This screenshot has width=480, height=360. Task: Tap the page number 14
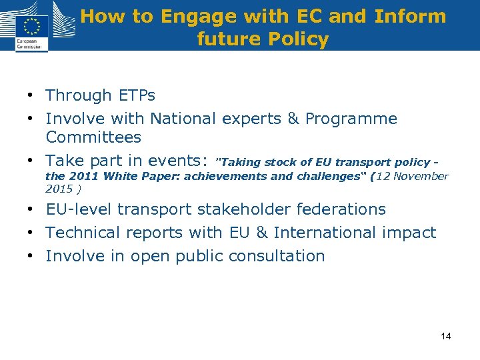tap(445, 336)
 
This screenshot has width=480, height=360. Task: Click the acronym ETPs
tap(136, 95)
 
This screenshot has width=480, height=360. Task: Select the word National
tap(183, 119)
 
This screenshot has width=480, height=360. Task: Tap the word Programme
tap(351, 119)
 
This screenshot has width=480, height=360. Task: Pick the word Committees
tap(93, 137)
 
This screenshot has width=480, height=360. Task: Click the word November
tap(421, 177)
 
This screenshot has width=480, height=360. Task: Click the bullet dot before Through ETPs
tap(32, 96)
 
